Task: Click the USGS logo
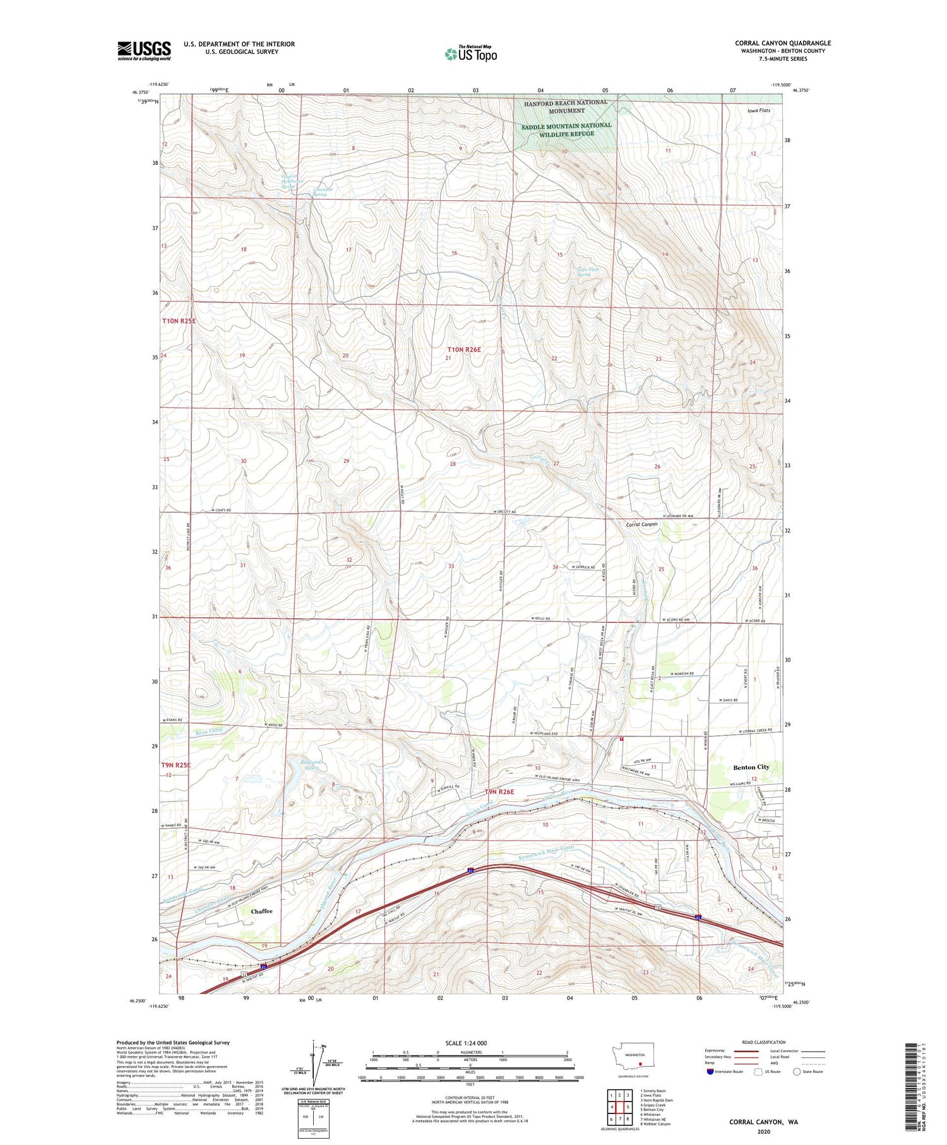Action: [144, 51]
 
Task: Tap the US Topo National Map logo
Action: [470, 54]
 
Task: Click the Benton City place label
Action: [751, 767]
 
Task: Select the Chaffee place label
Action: [262, 911]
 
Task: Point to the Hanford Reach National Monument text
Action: [565, 106]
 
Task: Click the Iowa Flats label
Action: [759, 111]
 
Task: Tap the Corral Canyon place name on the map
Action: [642, 524]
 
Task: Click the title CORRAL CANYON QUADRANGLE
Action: [782, 43]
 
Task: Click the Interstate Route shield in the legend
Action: [710, 1072]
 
